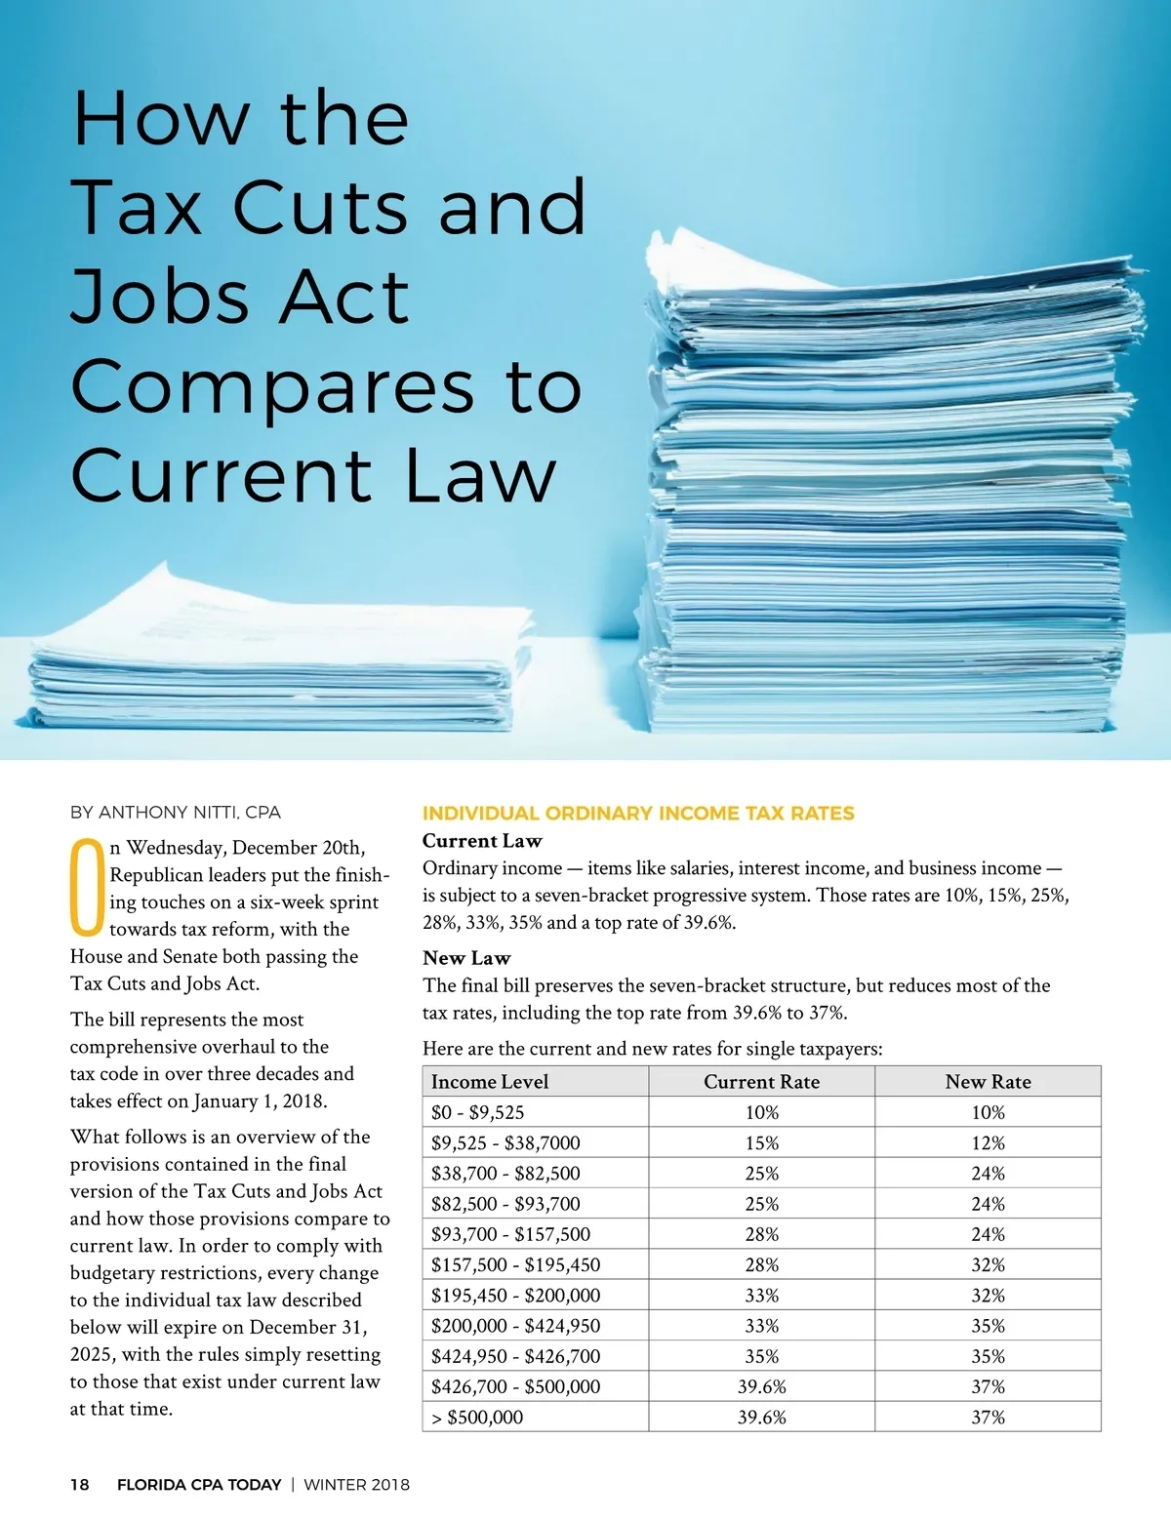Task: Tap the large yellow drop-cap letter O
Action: pyautogui.click(x=86, y=886)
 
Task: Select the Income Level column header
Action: pyautogui.click(x=490, y=1081)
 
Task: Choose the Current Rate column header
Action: pyautogui.click(x=761, y=1081)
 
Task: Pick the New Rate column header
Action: pyautogui.click(x=988, y=1081)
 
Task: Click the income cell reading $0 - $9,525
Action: pyautogui.click(x=478, y=1112)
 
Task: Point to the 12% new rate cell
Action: pyautogui.click(x=988, y=1142)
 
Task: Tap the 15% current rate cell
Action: pyautogui.click(x=761, y=1142)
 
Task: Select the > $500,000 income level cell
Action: pyautogui.click(x=478, y=1417)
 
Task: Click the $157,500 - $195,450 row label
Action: pyautogui.click(x=515, y=1264)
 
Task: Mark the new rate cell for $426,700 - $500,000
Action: pyautogui.click(x=988, y=1386)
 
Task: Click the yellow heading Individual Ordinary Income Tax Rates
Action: pyautogui.click(x=638, y=814)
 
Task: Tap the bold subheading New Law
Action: pyautogui.click(x=466, y=958)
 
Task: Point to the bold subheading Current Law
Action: pyautogui.click(x=482, y=841)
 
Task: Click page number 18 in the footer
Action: pyautogui.click(x=79, y=1485)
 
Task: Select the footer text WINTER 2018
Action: pyautogui.click(x=357, y=1485)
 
